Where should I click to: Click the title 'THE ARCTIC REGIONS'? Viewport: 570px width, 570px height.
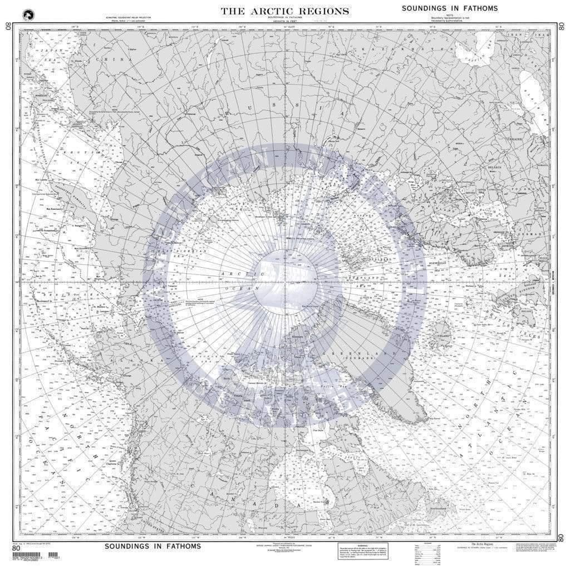point(285,11)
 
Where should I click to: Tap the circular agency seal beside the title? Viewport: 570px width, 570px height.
point(28,15)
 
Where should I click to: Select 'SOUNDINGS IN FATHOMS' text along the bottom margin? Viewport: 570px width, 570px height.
point(153,546)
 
